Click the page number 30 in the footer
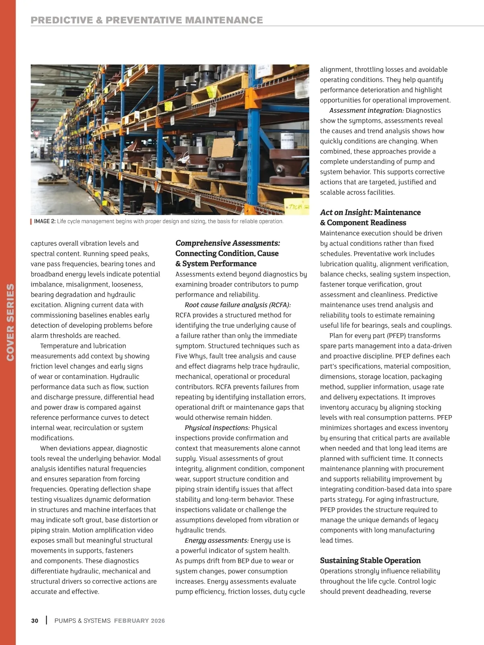(x=35, y=621)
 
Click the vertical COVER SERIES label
(x=10, y=322)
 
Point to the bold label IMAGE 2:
(x=45, y=221)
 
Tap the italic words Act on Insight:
(x=346, y=212)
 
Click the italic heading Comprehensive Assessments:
(x=227, y=243)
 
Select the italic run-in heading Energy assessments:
(x=216, y=540)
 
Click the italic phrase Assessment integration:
(x=366, y=111)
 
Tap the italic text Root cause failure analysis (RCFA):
(x=238, y=305)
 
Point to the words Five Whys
(x=191, y=356)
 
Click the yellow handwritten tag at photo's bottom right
(x=297, y=207)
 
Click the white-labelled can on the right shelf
(x=287, y=142)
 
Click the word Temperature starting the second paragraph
(x=59, y=346)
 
